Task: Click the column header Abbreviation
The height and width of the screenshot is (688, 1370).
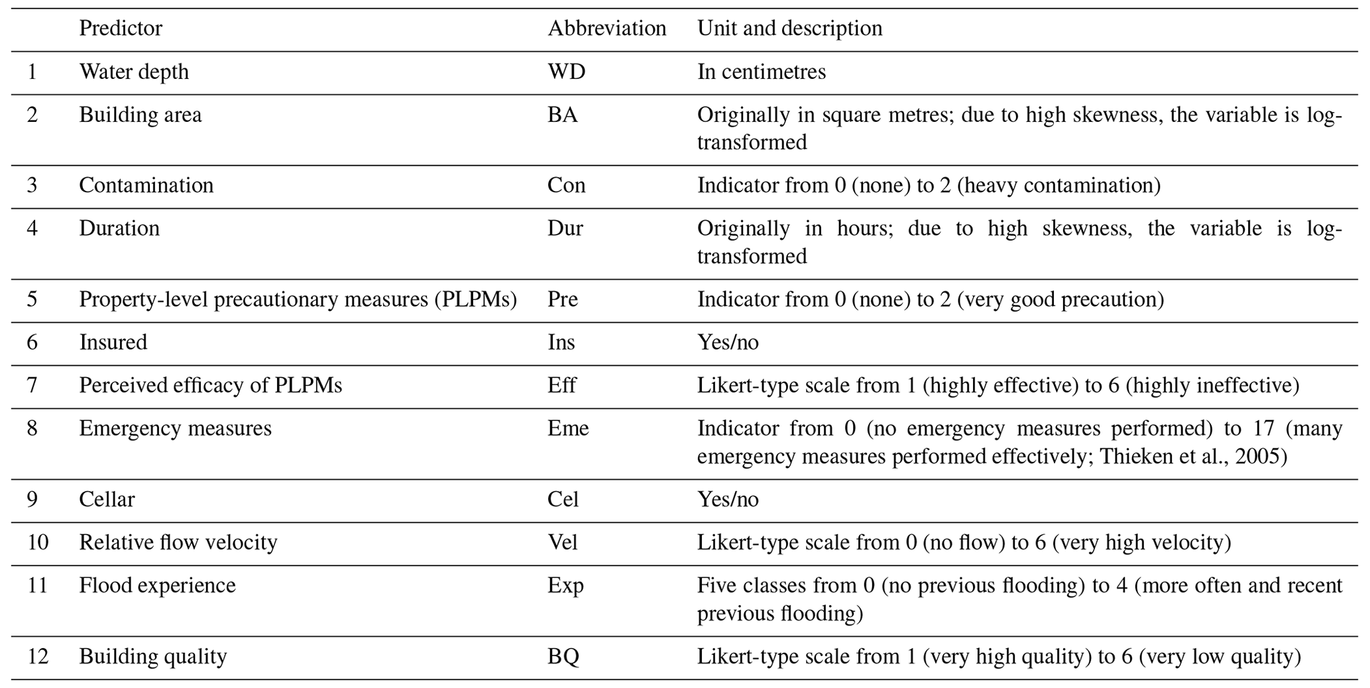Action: (606, 29)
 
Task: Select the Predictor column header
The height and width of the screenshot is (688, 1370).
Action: (121, 29)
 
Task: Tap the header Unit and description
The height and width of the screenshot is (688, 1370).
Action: (789, 29)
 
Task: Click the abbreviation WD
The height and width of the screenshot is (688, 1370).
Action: (566, 72)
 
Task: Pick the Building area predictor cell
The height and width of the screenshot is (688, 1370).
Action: (141, 115)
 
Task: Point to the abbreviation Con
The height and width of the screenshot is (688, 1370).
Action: (566, 185)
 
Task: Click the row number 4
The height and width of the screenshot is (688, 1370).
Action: (32, 229)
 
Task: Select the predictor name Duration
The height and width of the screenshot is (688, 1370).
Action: (119, 229)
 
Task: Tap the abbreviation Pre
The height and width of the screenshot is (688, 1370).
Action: (563, 300)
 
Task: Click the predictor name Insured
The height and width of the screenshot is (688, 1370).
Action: (113, 343)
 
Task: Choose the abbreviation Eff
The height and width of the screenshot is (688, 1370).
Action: (562, 386)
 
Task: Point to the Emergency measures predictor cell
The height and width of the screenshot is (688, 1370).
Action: (176, 429)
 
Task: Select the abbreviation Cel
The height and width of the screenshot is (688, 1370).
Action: (563, 499)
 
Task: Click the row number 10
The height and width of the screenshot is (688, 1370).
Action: (38, 543)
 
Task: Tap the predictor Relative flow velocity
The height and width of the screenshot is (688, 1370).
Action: (178, 543)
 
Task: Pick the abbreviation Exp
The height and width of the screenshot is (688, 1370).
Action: (565, 586)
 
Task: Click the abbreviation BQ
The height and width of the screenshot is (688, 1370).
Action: (563, 657)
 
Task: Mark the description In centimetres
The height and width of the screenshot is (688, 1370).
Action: (762, 72)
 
